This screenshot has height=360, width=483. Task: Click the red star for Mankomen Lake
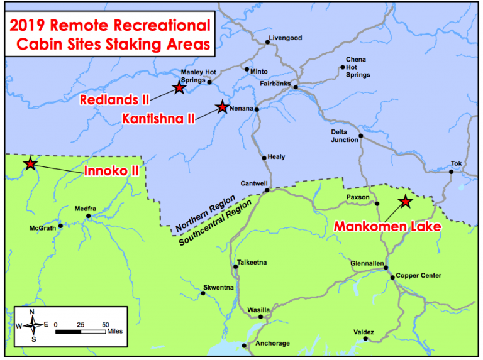tap(406, 202)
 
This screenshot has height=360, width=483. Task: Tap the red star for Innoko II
tap(30, 164)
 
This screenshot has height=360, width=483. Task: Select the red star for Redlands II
tap(179, 88)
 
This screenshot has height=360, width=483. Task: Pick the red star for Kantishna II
tap(222, 107)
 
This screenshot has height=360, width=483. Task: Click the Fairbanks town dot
tap(296, 87)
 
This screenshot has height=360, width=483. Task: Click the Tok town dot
tap(451, 171)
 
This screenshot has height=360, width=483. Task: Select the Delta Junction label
tap(345, 136)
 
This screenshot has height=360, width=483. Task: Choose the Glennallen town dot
tap(386, 268)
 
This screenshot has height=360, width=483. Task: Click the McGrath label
tap(42, 227)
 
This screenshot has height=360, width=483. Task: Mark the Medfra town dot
tap(88, 216)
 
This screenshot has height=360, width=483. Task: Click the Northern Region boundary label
tap(206, 214)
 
